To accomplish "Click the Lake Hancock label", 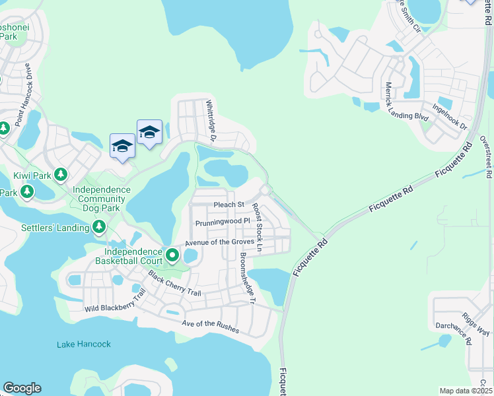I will click(83, 344).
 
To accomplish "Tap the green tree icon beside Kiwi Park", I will click(61, 175).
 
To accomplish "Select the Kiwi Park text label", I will click(32, 176).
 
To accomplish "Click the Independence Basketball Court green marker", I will click(172, 254).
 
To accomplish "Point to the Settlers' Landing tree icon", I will click(98, 228).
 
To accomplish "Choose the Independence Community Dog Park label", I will click(102, 199).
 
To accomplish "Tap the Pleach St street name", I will click(229, 205).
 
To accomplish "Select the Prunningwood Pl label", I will click(223, 222).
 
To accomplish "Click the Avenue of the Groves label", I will click(219, 242).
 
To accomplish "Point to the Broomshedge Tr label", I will click(247, 279).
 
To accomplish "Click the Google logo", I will click(22, 388).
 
